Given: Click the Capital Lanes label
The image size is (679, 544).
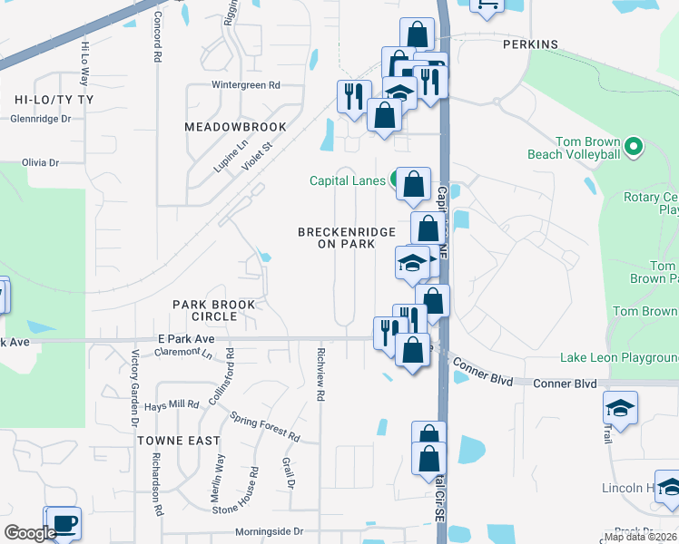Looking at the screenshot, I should (348, 180).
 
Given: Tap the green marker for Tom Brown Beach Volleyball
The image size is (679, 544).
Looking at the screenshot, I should (634, 145).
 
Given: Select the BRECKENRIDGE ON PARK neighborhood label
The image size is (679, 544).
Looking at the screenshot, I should (347, 238).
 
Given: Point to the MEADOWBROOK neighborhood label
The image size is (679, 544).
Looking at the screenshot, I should (235, 127).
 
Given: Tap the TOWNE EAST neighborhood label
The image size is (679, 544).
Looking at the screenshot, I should (179, 441).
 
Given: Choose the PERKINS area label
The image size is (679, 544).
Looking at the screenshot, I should (530, 44).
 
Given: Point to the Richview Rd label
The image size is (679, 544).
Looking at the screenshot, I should (320, 374).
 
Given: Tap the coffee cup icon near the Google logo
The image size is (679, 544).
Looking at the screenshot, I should (64, 523).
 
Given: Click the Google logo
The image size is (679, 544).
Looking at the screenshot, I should (30, 533).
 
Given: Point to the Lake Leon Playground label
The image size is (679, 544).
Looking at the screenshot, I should (618, 358).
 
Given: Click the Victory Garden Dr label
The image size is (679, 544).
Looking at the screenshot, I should (133, 389).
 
